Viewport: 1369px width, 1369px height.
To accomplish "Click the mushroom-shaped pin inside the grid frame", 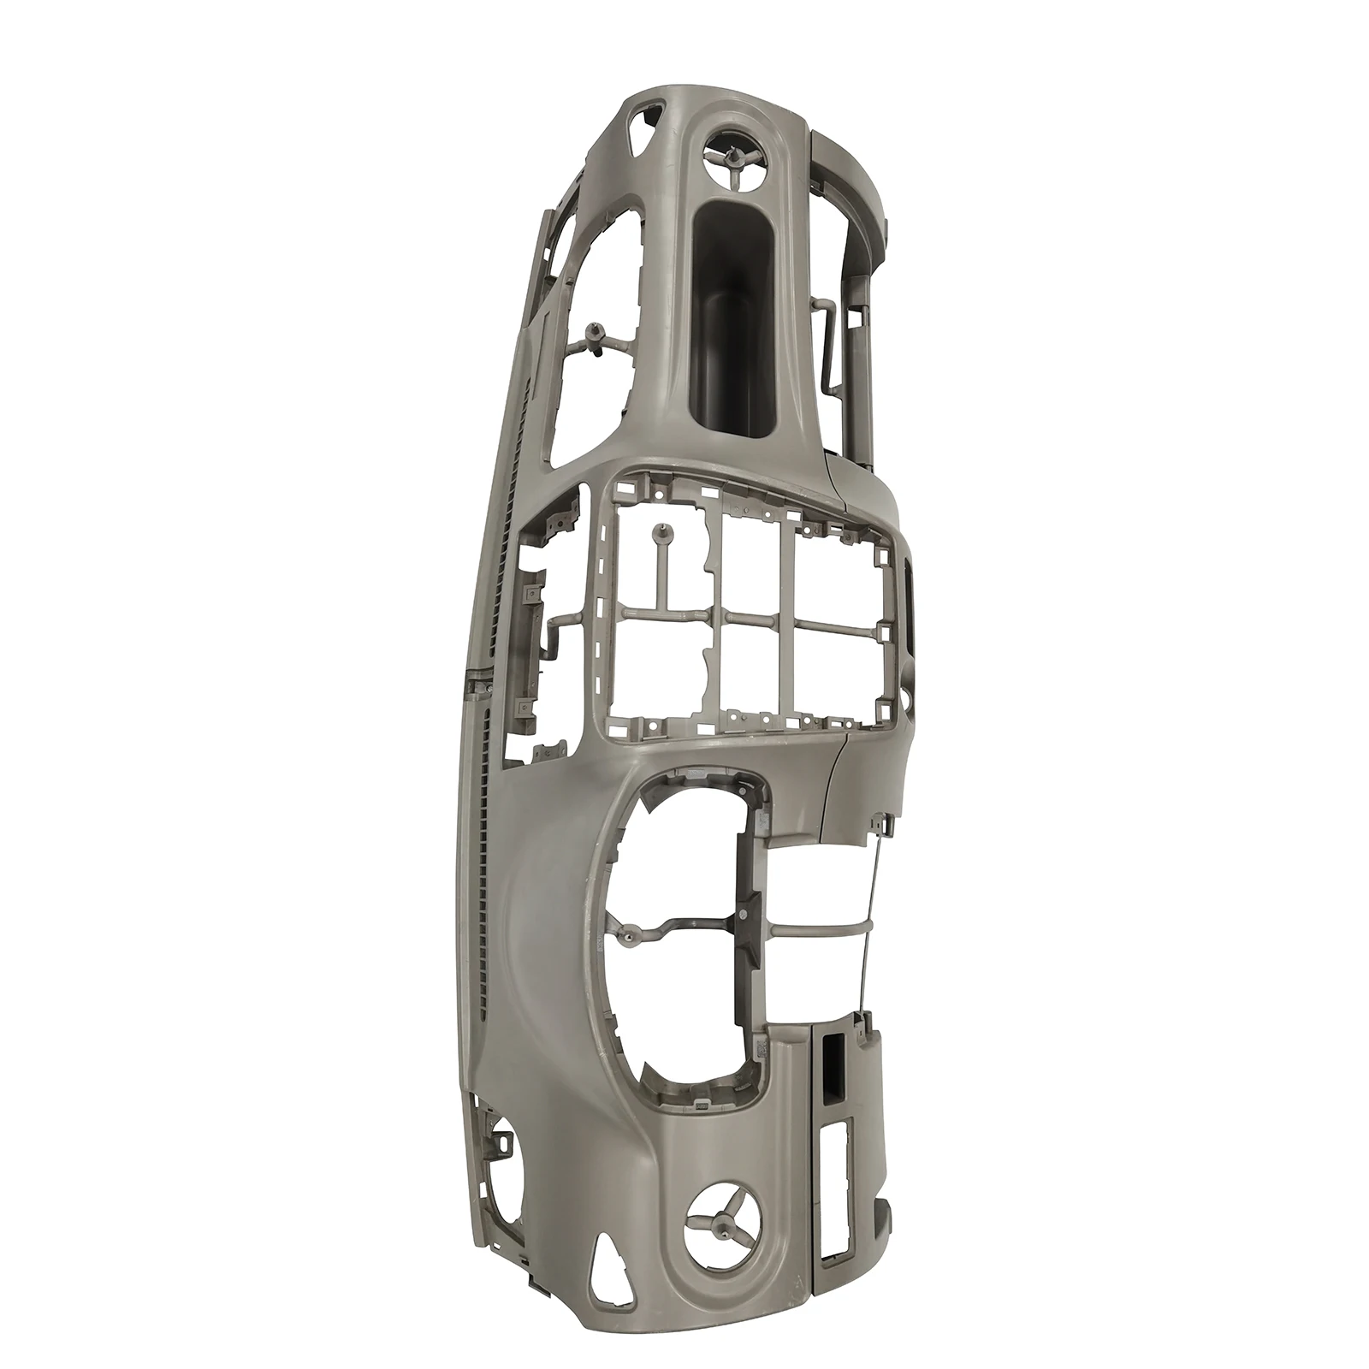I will [661, 535].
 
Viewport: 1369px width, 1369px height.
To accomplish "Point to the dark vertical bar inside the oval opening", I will [747, 907].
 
